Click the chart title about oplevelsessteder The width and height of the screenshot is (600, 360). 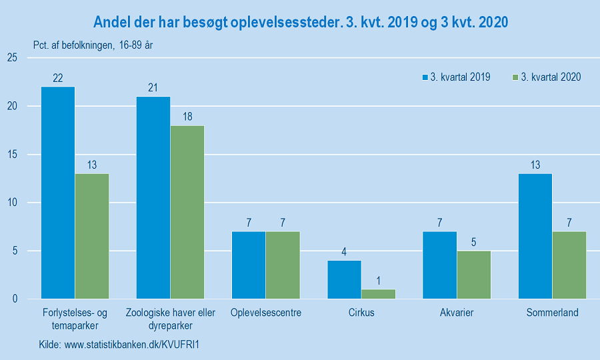[301, 23]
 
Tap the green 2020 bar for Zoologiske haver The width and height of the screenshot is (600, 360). [187, 212]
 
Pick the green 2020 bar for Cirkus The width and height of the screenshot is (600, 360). [378, 294]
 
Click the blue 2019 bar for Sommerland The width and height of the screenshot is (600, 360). [535, 236]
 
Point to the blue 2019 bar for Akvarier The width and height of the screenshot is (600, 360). [439, 265]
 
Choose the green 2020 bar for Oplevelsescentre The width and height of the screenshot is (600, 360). [283, 265]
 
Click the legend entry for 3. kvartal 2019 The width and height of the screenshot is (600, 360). [456, 77]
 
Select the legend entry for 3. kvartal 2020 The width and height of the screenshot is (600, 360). [546, 77]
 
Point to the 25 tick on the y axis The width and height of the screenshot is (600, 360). [11, 58]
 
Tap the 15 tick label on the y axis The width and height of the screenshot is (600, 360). [11, 155]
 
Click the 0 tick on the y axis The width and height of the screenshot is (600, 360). [14, 299]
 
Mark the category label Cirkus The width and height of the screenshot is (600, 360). [361, 313]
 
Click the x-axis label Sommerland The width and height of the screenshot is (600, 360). [552, 313]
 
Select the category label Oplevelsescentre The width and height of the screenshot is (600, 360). [266, 313]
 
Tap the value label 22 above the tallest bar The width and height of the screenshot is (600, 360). [58, 79]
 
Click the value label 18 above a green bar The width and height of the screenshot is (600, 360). [187, 117]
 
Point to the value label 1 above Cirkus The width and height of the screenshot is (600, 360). [378, 281]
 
